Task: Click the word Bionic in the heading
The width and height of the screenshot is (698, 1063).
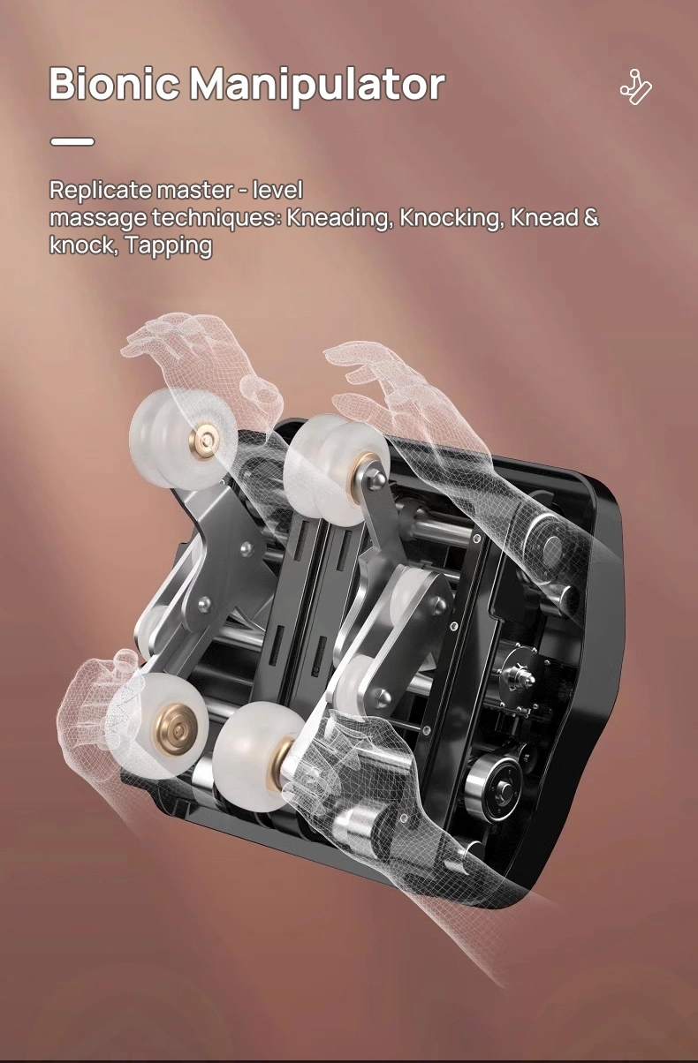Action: (x=114, y=84)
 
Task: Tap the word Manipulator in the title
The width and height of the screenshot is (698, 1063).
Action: (x=317, y=87)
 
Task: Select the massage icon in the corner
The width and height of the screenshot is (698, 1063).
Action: (x=636, y=87)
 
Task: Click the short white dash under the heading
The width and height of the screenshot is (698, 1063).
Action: (x=72, y=141)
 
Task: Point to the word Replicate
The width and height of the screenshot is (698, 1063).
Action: (x=100, y=191)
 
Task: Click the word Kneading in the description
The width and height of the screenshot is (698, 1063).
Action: (x=339, y=218)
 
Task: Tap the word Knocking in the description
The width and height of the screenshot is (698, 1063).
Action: (x=451, y=218)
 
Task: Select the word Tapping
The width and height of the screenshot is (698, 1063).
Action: (x=169, y=246)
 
